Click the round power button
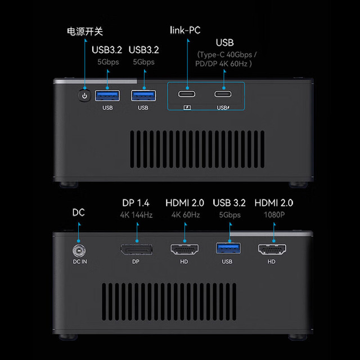(x=84, y=96)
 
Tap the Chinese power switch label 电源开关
(x=85, y=31)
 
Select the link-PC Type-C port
(x=187, y=94)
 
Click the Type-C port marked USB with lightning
(x=223, y=94)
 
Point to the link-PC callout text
(x=185, y=30)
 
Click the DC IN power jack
(x=79, y=251)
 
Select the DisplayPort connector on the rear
(x=136, y=249)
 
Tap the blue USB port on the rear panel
(x=228, y=249)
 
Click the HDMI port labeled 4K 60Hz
(x=184, y=249)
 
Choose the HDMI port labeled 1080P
(x=272, y=249)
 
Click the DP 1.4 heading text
(x=136, y=202)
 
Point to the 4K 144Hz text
(x=136, y=215)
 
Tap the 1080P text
(x=274, y=215)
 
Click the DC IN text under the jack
(x=80, y=262)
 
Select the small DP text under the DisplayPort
(x=136, y=262)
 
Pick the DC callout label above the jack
(x=79, y=213)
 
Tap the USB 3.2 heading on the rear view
(x=229, y=202)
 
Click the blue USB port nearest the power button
(x=107, y=96)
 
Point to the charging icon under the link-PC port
(x=187, y=107)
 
